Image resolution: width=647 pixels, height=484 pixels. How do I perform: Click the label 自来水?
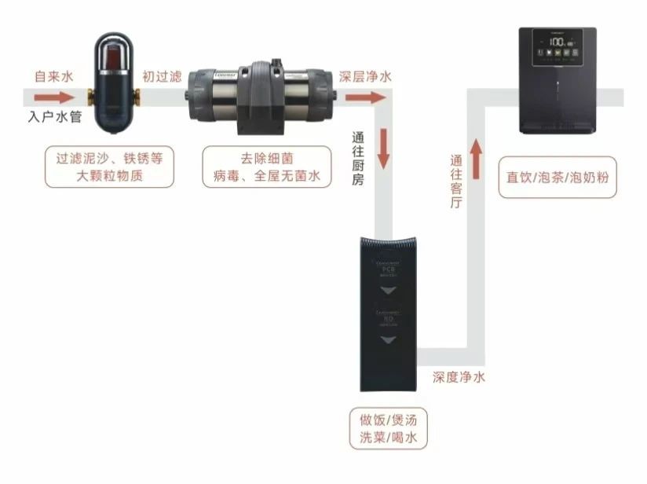[x=53, y=77]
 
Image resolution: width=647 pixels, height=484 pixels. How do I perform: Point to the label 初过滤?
[x=162, y=77]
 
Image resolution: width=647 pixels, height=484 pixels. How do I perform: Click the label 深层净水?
[x=365, y=77]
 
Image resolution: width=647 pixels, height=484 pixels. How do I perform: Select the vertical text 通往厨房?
[x=357, y=157]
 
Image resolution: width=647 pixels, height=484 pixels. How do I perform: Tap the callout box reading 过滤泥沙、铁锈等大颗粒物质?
[x=109, y=167]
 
